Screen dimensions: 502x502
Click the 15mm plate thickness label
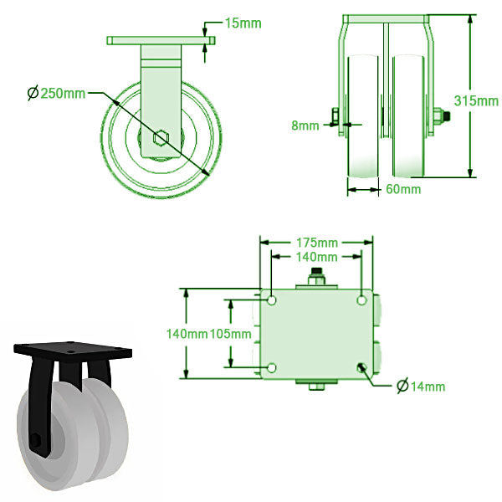tap(243, 23)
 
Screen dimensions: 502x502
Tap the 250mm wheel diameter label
tap(63, 93)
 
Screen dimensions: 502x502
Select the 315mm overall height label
tap(476, 101)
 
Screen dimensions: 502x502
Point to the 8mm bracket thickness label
tap(305, 125)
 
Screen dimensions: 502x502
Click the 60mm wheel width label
tap(403, 189)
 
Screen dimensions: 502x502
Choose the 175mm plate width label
tap(317, 243)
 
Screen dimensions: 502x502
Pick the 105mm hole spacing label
tap(231, 334)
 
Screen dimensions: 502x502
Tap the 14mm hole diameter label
tap(428, 387)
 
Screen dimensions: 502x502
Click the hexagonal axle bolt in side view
tap(161, 138)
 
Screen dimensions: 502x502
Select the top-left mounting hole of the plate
tap(272, 300)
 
